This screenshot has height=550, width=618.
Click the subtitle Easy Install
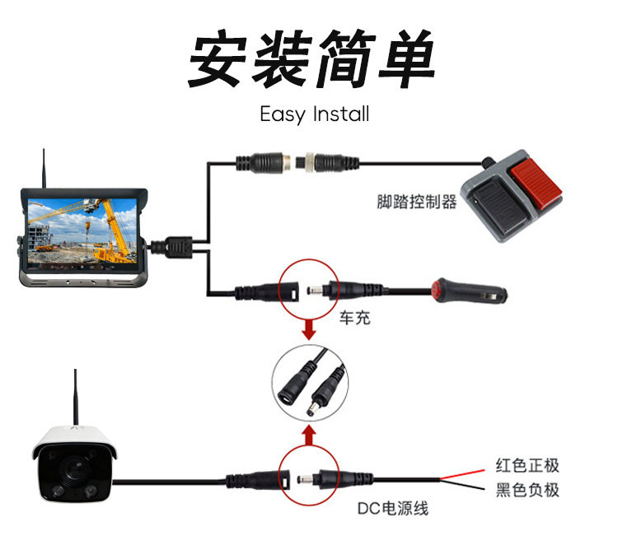coord(314,114)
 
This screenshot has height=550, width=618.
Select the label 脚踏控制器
coord(416,202)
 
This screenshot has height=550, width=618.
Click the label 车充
coord(354,317)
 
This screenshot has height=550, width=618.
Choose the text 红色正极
coord(527,466)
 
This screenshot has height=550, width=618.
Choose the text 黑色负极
coord(527,491)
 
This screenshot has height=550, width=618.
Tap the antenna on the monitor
coord(44,168)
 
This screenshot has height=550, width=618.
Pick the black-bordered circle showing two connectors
coord(309,383)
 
